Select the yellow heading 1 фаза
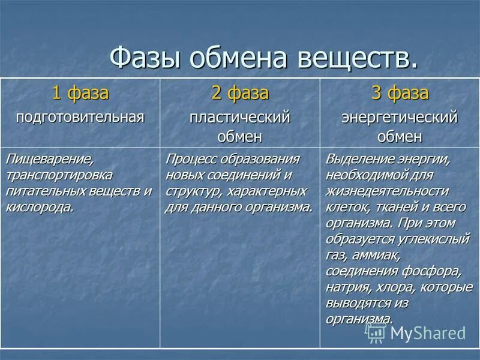coord(80,94)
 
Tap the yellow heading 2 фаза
coord(240,94)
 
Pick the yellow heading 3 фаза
coord(400,94)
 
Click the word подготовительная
coord(80,116)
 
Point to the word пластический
coord(240,117)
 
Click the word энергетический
coord(400,117)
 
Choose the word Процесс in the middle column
coord(192,160)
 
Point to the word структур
coord(188,191)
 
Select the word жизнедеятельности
coord(386,191)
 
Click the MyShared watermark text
coord(427,332)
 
